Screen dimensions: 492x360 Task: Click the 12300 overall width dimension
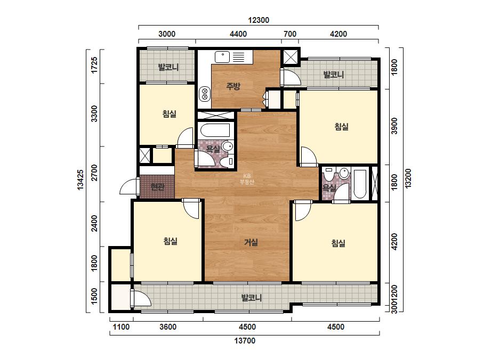[259, 20]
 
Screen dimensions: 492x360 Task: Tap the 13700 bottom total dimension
[245, 340]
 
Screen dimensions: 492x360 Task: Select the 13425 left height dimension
[80, 179]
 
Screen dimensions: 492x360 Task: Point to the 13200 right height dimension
[408, 178]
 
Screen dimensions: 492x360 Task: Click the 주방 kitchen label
[233, 86]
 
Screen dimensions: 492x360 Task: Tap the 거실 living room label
[251, 242]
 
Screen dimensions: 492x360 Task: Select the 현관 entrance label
[157, 187]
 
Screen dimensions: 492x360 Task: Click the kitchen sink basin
[222, 57]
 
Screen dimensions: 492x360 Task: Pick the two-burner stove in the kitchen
[205, 94]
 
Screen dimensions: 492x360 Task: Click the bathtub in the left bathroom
[215, 130]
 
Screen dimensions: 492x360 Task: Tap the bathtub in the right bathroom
[360, 184]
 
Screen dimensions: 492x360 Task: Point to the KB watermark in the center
[247, 179]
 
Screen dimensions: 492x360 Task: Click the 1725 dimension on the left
[94, 65]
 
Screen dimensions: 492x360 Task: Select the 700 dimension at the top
[289, 34]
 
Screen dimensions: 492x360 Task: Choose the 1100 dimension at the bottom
[121, 327]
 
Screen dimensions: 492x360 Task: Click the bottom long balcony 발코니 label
[252, 298]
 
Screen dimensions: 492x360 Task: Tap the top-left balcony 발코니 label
[168, 67]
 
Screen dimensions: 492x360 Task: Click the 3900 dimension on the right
[394, 126]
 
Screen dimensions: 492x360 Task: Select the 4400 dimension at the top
[238, 34]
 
